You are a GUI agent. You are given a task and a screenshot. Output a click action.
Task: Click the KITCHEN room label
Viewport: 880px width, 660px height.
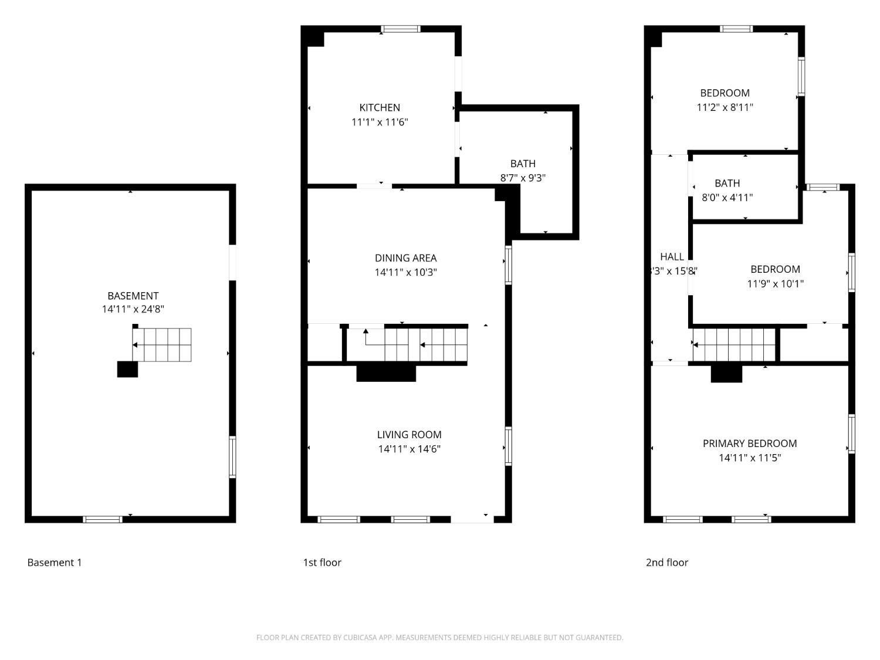[380, 107]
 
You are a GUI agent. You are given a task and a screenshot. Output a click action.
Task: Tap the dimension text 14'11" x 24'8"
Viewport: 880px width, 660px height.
[133, 309]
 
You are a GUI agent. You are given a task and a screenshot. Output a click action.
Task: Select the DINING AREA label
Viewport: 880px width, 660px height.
[405, 258]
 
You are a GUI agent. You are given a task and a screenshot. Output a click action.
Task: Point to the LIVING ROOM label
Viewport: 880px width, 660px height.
[409, 434]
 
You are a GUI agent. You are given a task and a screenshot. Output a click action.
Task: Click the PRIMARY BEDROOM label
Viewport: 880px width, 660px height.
[749, 443]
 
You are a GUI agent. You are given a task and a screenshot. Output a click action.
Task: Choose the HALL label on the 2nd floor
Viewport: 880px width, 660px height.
[672, 256]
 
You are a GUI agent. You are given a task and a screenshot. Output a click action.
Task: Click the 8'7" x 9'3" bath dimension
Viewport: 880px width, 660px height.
[522, 178]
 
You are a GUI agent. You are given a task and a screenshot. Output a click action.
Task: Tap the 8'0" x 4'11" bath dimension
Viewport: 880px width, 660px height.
[727, 197]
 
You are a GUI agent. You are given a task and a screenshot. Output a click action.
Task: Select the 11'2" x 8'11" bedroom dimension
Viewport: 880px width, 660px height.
[725, 107]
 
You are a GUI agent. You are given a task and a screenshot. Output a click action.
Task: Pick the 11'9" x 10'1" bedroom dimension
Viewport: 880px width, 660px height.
[775, 283]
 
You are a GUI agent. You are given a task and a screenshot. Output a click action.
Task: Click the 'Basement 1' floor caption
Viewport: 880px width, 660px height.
[55, 562]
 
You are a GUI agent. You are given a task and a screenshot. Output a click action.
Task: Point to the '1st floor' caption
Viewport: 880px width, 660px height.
[321, 562]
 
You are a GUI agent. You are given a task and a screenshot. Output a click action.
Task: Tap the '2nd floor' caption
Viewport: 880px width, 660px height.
[666, 562]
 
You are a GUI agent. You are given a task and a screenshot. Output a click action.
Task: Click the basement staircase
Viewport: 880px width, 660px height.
[163, 344]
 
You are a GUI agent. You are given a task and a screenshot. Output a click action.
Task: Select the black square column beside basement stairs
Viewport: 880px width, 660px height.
[127, 369]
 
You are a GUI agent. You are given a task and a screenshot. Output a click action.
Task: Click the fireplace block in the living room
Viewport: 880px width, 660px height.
[386, 373]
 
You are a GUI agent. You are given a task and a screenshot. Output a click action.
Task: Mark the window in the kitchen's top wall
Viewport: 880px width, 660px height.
[400, 29]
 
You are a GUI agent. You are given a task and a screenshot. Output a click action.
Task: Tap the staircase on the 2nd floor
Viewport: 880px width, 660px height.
[734, 344]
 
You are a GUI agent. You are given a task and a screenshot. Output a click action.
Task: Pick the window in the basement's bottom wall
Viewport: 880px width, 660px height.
[103, 519]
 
